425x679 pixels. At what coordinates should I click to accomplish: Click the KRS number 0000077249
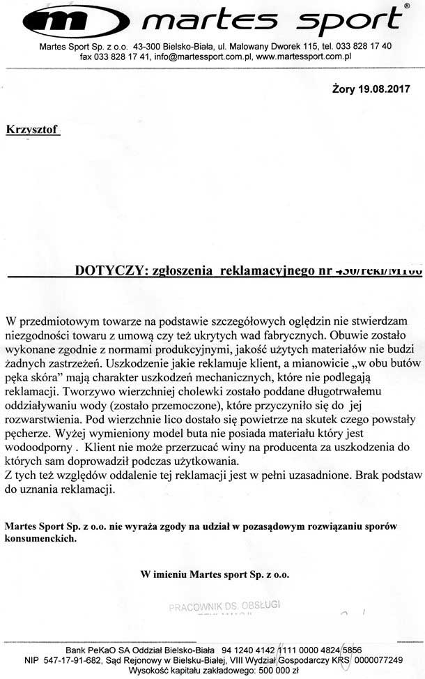point(378,659)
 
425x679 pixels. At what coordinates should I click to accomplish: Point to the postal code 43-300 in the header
point(149,45)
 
